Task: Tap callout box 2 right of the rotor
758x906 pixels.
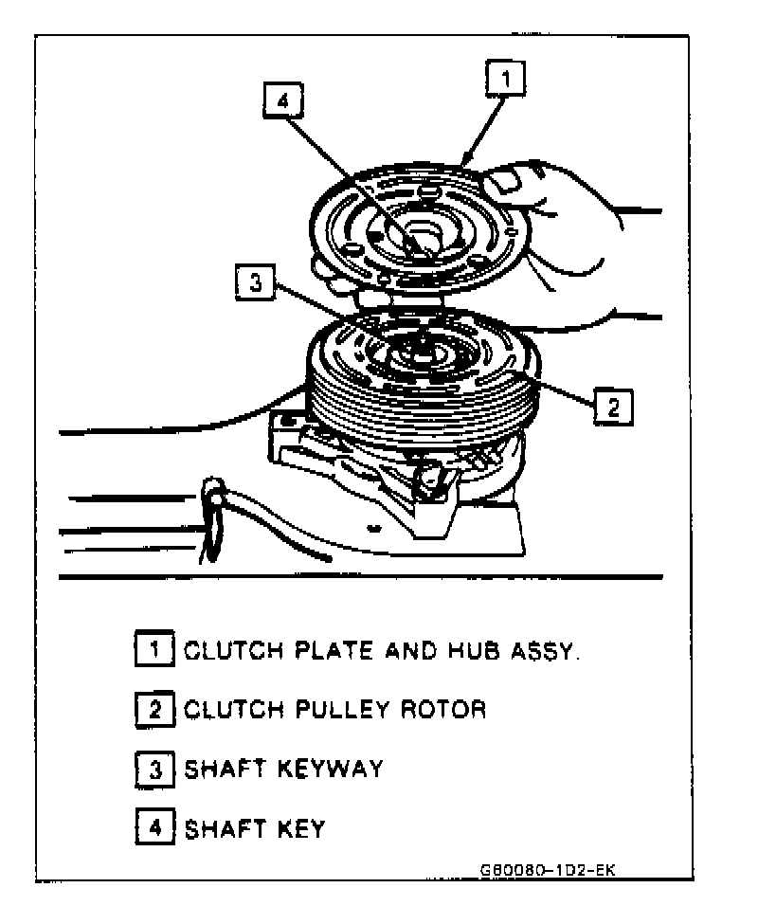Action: click(612, 407)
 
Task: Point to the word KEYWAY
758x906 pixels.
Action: click(330, 768)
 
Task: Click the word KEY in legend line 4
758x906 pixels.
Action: click(297, 828)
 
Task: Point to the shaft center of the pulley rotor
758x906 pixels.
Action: click(418, 352)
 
